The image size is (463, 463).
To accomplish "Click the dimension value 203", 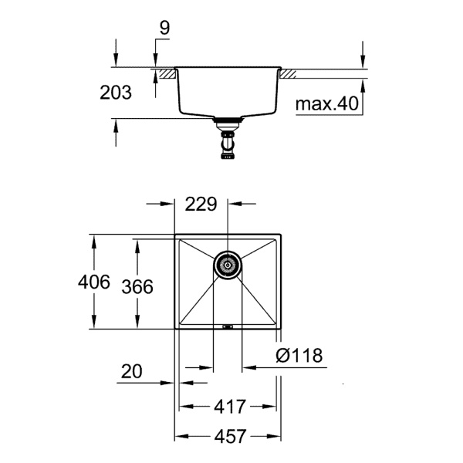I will (x=116, y=93).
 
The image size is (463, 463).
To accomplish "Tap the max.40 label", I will (x=327, y=104).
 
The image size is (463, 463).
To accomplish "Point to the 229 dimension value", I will (x=201, y=204).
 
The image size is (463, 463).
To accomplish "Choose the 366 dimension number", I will (x=137, y=286).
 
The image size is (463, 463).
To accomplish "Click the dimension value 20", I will (x=132, y=372).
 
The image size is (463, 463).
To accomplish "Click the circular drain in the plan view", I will (x=227, y=264).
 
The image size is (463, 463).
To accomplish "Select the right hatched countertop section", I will (x=288, y=74).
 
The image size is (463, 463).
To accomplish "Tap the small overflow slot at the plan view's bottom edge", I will (x=227, y=327).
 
